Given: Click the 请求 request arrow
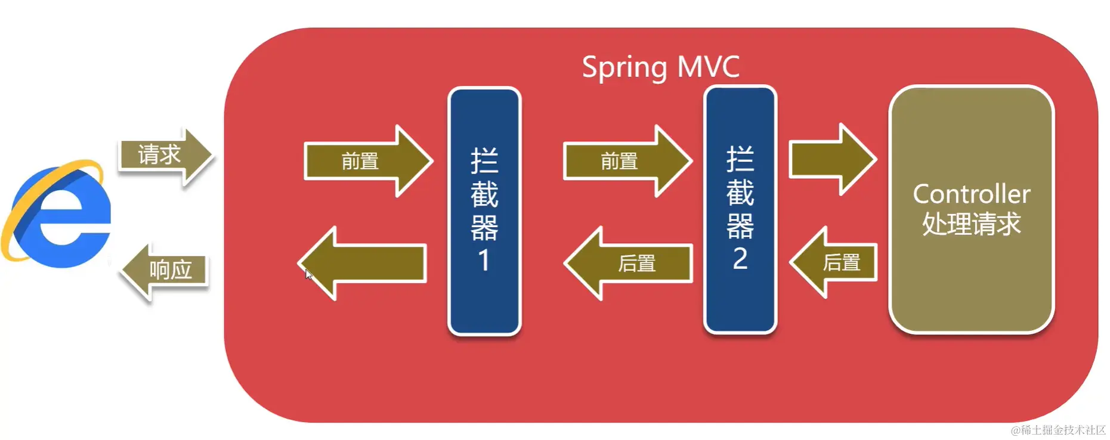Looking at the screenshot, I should (x=164, y=155).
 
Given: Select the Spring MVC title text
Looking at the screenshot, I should (x=660, y=67).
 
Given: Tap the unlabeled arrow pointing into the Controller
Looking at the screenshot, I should (x=831, y=160).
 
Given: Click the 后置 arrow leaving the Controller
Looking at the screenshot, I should (x=835, y=262).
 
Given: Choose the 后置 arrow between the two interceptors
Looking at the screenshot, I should (x=629, y=263).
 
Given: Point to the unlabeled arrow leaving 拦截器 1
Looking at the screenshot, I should (x=364, y=263).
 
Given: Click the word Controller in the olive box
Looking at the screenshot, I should (x=971, y=194).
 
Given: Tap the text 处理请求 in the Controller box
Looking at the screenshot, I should (x=971, y=224).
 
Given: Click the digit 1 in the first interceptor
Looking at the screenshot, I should (x=484, y=261).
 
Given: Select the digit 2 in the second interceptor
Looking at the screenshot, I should (x=740, y=259).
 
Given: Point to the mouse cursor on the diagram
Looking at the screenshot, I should (x=308, y=274).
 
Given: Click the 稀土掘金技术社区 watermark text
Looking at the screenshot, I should (x=1058, y=430).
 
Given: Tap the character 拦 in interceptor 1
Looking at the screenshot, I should (x=484, y=160).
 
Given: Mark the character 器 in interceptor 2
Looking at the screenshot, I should (x=740, y=226).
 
